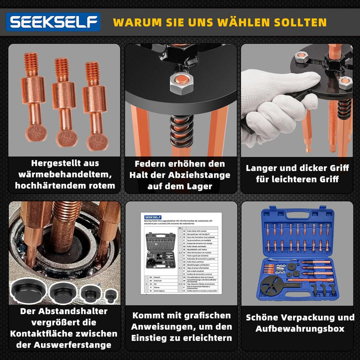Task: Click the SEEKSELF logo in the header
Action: [53, 22]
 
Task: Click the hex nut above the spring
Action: [178, 82]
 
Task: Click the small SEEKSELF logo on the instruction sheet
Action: [150, 215]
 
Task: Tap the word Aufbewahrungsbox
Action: [300, 328]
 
